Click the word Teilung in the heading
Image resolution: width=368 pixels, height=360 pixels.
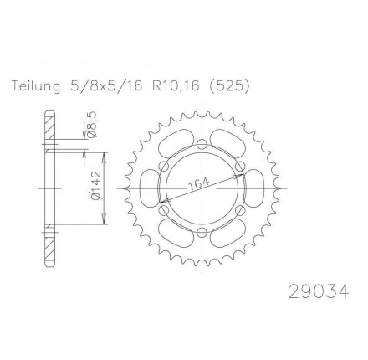(35, 86)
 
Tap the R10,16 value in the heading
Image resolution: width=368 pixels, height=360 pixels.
(176, 86)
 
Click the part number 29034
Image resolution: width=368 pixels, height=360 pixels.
(319, 291)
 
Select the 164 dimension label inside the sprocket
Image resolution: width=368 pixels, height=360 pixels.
(198, 184)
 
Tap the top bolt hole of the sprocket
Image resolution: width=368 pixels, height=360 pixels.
(202, 145)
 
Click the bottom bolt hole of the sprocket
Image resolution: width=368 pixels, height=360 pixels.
(202, 232)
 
